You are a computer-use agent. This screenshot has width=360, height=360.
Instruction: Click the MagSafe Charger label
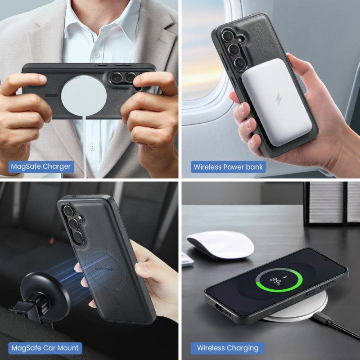coord(40,166)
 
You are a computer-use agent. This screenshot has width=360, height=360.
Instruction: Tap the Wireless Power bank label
coord(228,167)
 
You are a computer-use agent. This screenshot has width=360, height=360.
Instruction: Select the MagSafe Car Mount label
coord(45,348)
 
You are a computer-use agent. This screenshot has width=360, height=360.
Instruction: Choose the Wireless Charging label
coord(228,348)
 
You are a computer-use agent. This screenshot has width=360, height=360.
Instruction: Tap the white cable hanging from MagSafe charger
coord(84,144)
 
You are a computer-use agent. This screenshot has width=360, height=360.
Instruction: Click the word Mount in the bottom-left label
coord(68,348)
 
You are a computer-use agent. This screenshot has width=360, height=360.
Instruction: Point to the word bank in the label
coord(254,167)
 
